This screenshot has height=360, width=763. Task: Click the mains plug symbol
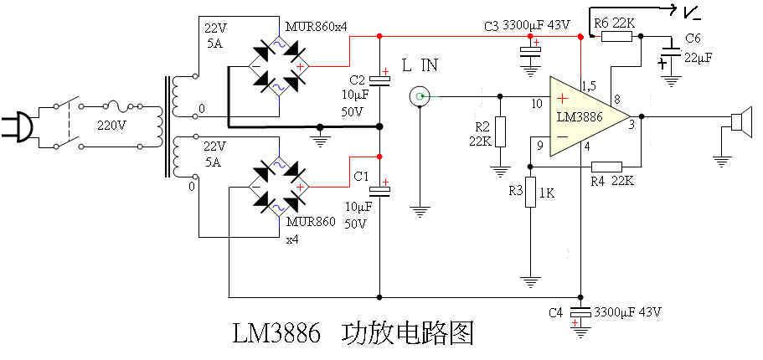(x=18, y=126)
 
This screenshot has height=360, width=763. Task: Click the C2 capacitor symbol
(x=381, y=81)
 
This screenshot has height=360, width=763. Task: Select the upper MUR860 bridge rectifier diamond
(x=277, y=64)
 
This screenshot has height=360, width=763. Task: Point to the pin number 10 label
(x=537, y=104)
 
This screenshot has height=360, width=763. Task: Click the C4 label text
(x=555, y=312)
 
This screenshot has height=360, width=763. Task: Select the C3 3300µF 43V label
(x=527, y=25)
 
